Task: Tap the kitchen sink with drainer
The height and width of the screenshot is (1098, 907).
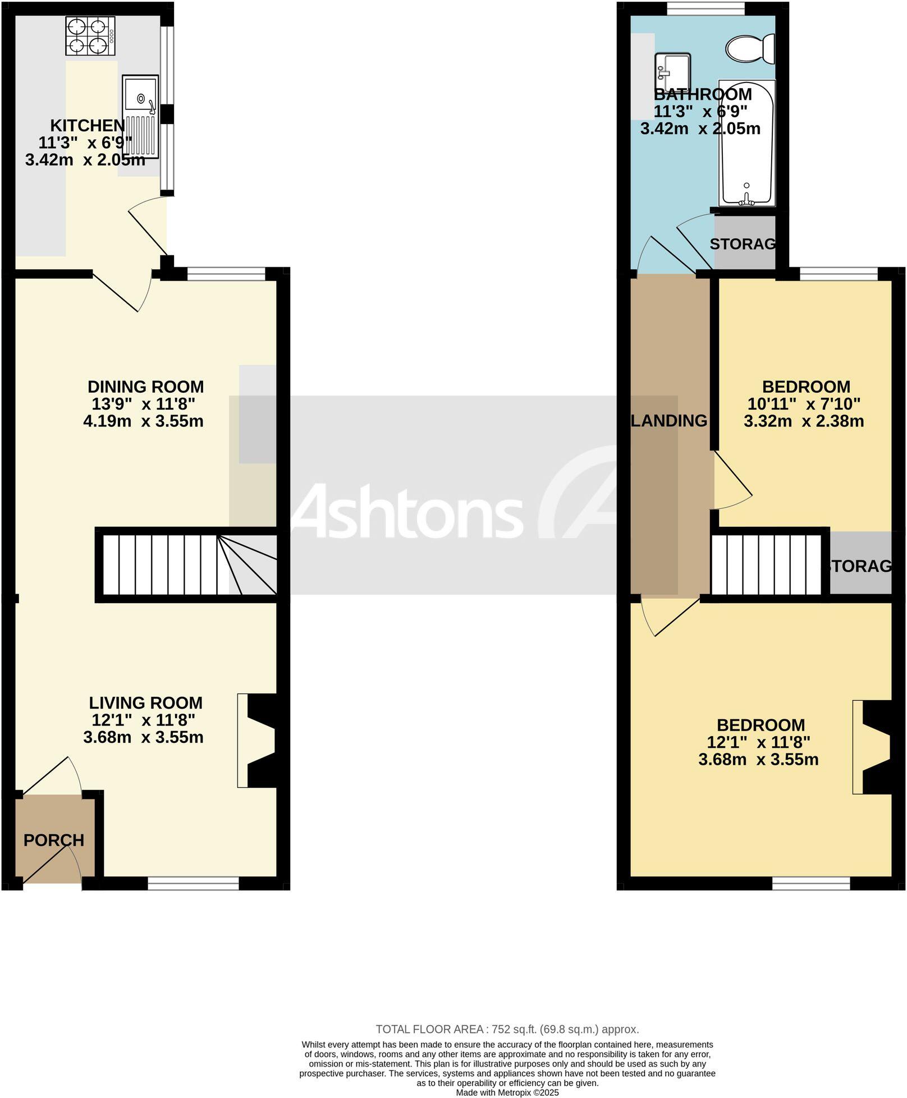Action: [141, 117]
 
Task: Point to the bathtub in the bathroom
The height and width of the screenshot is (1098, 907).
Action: [746, 143]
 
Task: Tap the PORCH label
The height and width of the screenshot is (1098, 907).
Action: [54, 840]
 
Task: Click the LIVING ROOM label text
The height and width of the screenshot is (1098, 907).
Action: [145, 702]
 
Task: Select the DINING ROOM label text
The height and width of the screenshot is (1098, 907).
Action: [145, 387]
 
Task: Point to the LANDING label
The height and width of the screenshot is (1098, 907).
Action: [669, 420]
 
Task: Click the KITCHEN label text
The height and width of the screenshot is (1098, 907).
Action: [88, 125]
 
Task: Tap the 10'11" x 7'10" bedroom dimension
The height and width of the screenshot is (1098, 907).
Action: [804, 403]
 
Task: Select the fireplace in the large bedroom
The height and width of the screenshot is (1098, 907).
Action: [873, 747]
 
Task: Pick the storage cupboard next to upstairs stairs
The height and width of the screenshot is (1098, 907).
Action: [860, 563]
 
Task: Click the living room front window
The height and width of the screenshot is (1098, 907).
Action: [194, 884]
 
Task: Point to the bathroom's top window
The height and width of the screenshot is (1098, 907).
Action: [706, 9]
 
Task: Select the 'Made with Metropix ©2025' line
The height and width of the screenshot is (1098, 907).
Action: [507, 1092]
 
